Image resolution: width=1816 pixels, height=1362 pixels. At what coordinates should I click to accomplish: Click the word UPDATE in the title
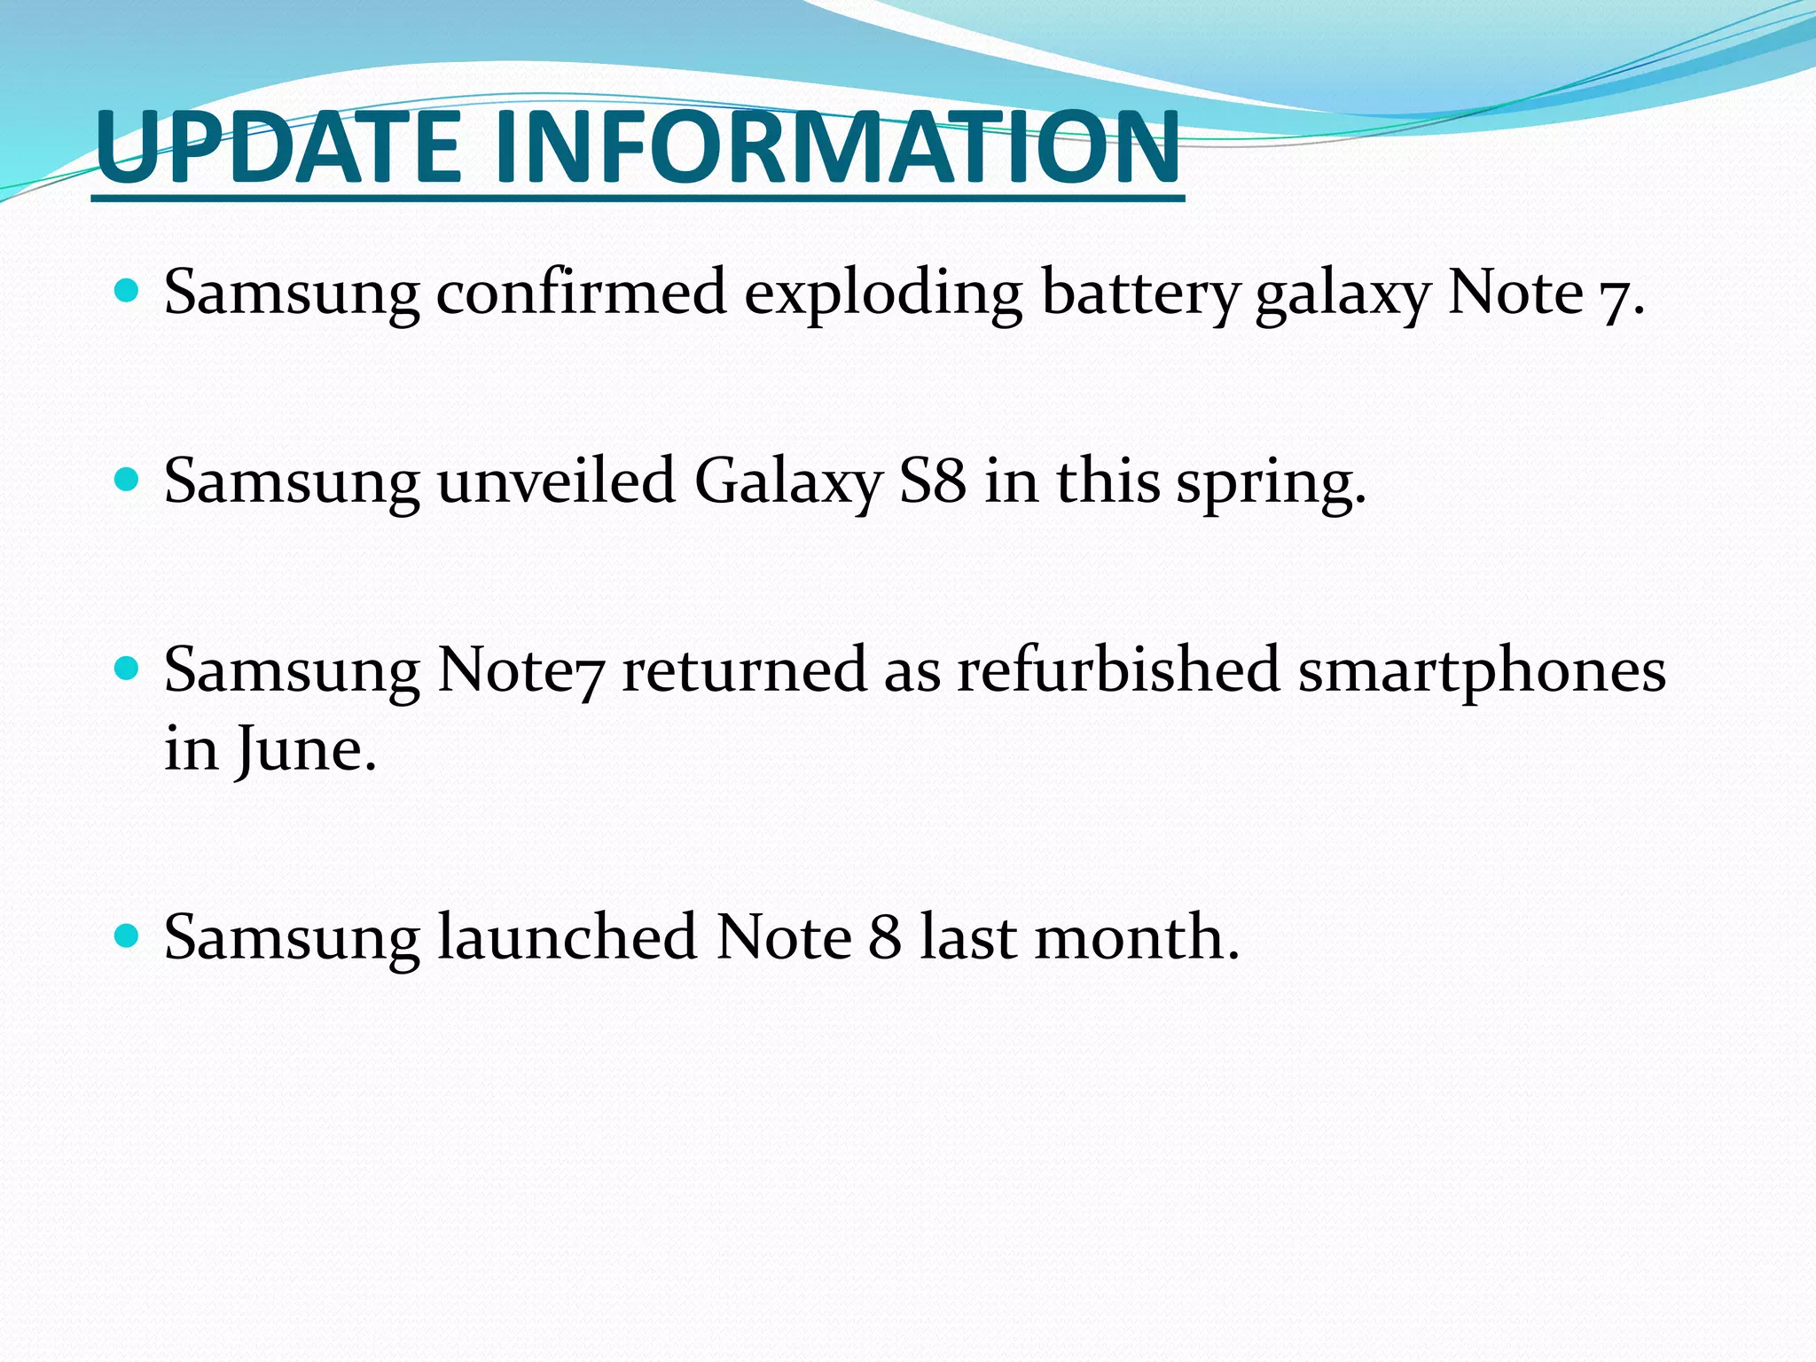[x=279, y=146]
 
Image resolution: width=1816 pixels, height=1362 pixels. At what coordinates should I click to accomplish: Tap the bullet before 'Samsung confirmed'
[x=128, y=290]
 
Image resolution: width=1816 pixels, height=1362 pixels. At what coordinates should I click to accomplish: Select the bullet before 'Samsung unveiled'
[x=128, y=480]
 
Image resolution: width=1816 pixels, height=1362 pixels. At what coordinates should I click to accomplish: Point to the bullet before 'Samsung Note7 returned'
[x=128, y=668]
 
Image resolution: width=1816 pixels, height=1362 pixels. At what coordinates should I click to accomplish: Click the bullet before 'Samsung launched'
[x=128, y=935]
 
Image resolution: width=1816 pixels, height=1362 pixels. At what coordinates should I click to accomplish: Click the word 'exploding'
[x=882, y=293]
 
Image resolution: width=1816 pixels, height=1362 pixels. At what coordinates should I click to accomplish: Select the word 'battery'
[x=1139, y=293]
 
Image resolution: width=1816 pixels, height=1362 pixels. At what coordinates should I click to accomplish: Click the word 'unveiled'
[x=556, y=481]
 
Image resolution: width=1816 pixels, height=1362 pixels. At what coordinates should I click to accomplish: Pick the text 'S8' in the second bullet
[x=932, y=481]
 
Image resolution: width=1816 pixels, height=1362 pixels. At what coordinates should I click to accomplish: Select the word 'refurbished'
[x=1117, y=669]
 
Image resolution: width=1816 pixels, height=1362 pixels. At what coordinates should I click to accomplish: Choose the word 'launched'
[x=567, y=937]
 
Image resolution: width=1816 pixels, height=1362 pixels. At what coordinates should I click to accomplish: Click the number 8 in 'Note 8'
[x=884, y=937]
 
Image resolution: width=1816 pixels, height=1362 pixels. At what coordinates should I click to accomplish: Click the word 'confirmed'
[x=581, y=293]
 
